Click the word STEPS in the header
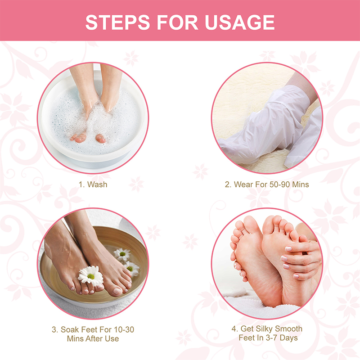(117, 22)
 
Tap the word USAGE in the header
(239, 22)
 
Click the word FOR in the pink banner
(177, 22)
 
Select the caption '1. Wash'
(93, 184)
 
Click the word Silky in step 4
(264, 329)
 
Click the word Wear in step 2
(243, 184)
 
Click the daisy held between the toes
(91, 276)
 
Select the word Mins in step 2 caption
(300, 184)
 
